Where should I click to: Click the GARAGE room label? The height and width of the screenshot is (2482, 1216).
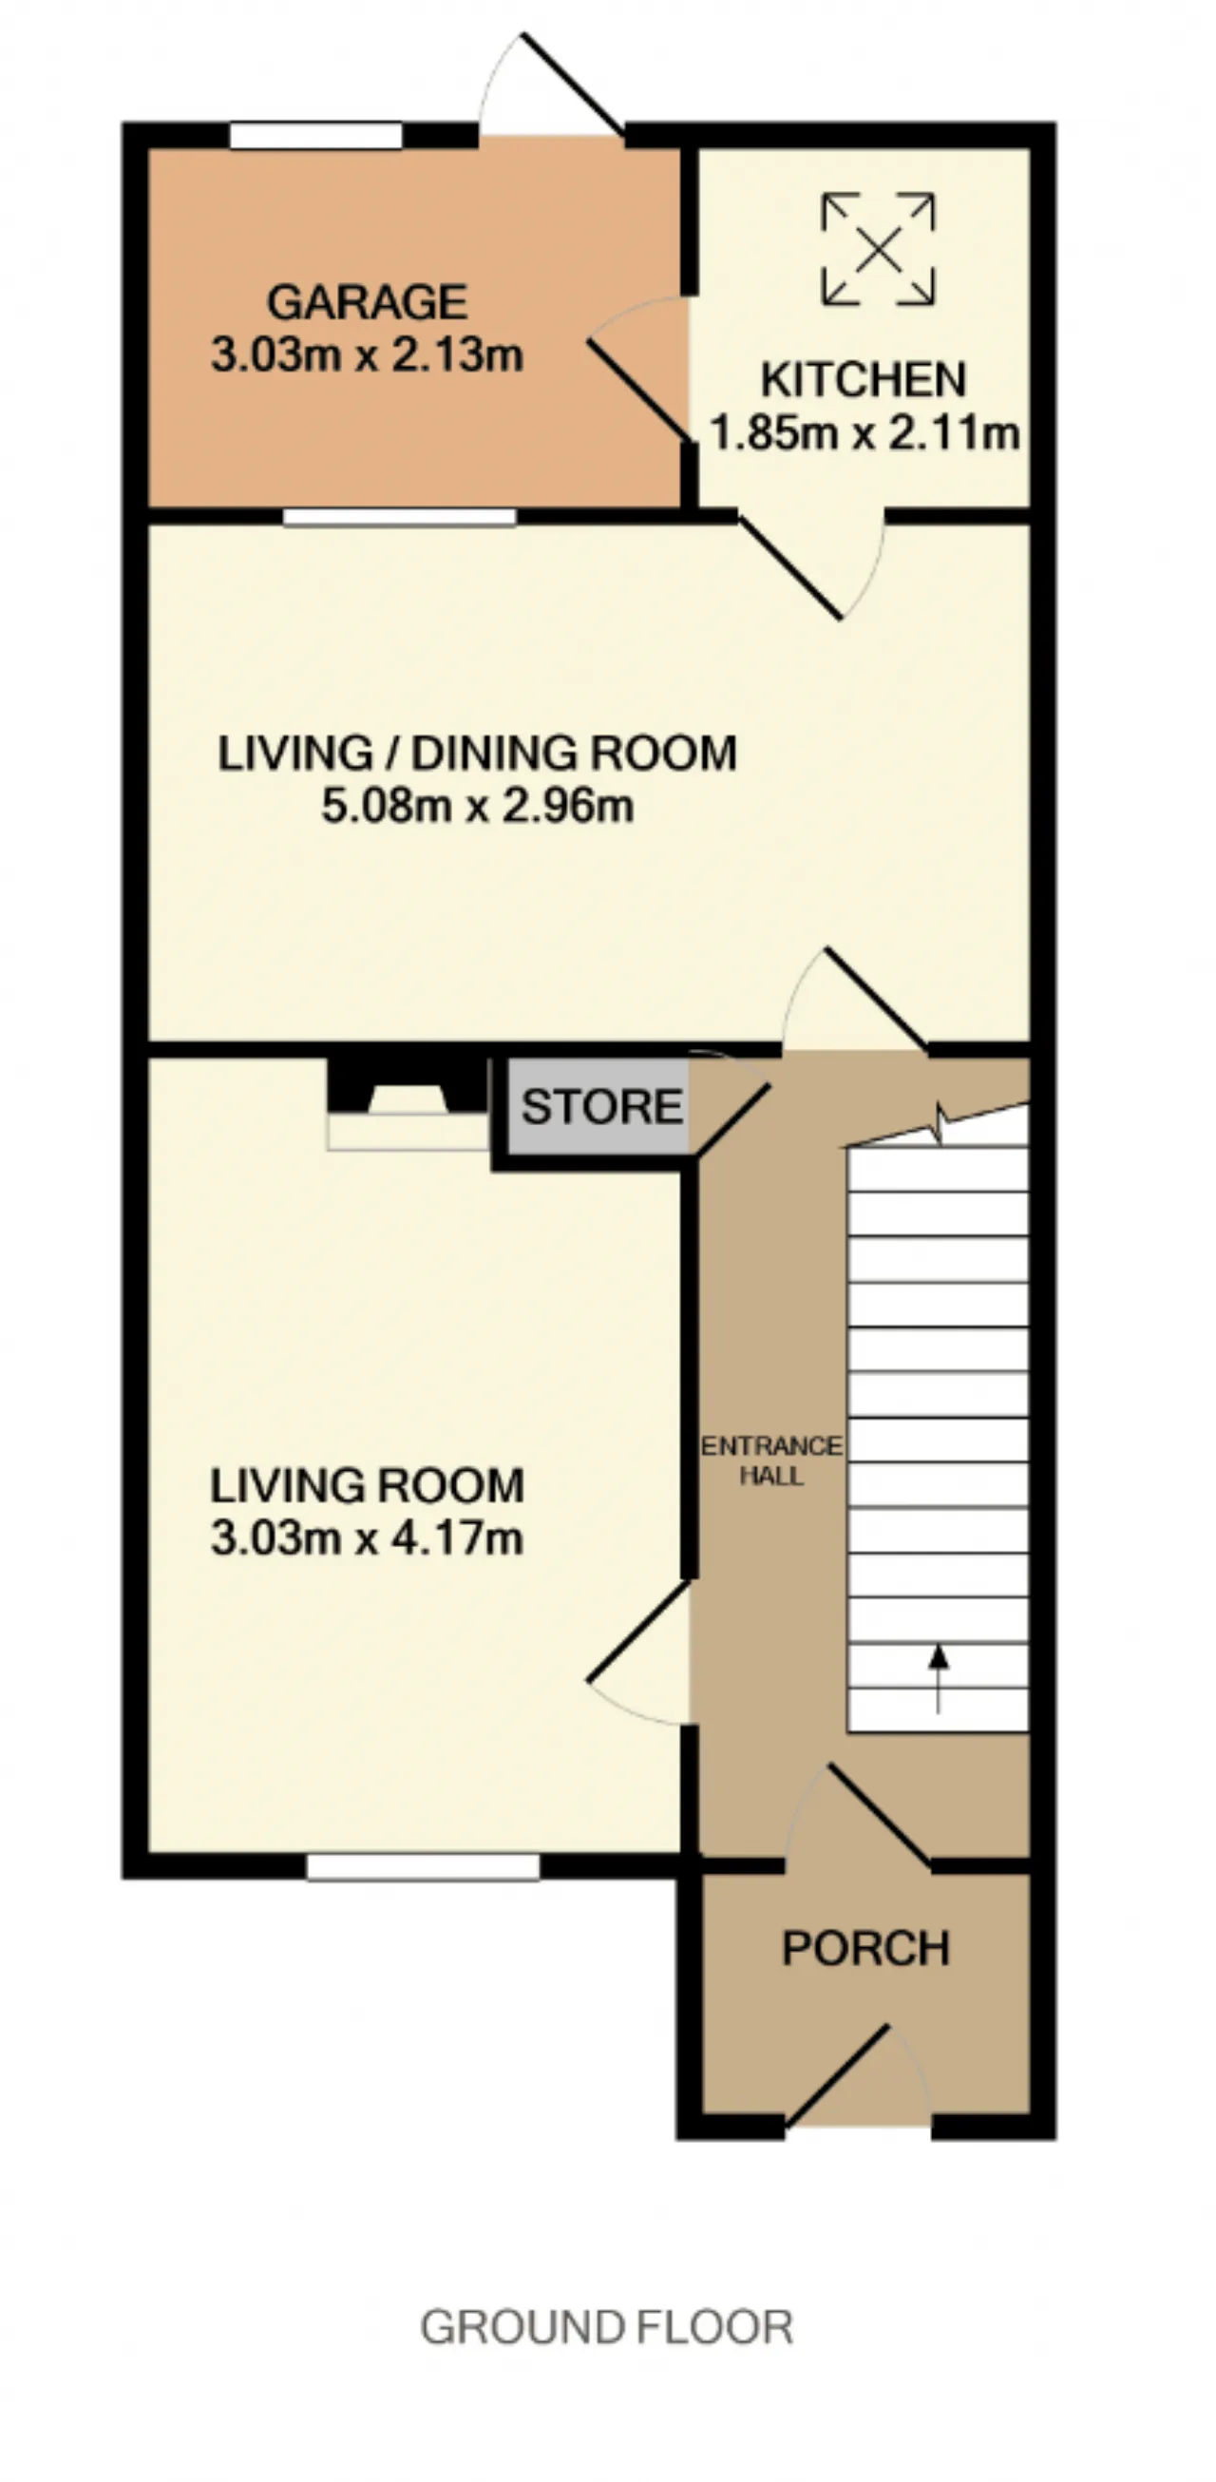coord(367,302)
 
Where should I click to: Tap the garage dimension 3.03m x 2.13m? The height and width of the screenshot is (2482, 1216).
coord(367,355)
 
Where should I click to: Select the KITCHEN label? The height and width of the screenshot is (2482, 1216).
coord(864,380)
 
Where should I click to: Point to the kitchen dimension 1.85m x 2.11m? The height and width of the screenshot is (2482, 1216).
coord(864,432)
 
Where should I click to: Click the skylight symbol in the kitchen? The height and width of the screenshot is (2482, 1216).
coord(878,250)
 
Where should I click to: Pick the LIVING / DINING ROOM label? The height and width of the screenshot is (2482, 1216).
coord(477,753)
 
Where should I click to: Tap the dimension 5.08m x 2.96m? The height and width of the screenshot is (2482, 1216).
coord(477,806)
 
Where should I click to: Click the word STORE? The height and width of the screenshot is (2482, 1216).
coord(602,1106)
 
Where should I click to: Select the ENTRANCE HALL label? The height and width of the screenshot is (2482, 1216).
coord(770,1461)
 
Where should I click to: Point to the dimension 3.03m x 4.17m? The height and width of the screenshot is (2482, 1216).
coord(367,1537)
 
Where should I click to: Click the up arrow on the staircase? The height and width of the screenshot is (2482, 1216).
coord(938,1678)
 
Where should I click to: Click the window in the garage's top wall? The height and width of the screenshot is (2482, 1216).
coord(316,135)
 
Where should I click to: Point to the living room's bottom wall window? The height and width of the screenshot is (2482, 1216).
coord(423,1866)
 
